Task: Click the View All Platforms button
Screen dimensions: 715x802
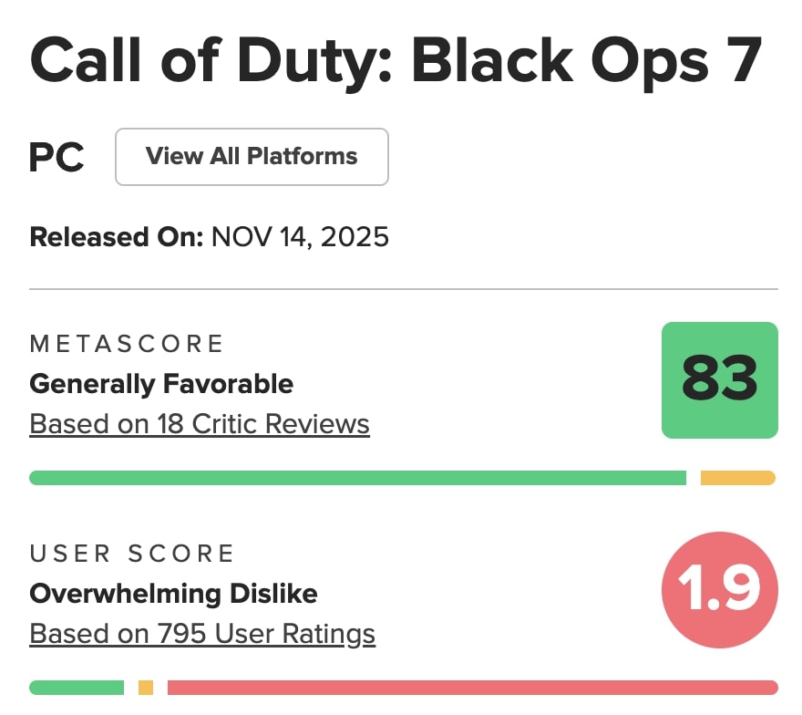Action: click(x=252, y=157)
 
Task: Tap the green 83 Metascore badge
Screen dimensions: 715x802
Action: click(x=719, y=380)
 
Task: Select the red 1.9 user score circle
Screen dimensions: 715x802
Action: click(x=719, y=590)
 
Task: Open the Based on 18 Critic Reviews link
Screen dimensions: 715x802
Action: click(x=200, y=424)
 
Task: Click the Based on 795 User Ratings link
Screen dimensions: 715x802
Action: click(x=202, y=634)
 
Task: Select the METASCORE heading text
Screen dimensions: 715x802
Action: click(x=127, y=344)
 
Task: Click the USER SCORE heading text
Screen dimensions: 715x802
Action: click(x=132, y=554)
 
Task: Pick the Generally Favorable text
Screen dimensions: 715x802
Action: click(x=161, y=384)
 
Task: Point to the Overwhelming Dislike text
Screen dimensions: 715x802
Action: click(x=173, y=594)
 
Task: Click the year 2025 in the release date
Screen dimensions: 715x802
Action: click(x=354, y=237)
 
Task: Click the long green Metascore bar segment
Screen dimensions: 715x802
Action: click(x=357, y=478)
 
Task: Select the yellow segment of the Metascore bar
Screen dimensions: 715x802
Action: click(x=737, y=478)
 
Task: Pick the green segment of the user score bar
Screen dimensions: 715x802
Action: click(x=77, y=688)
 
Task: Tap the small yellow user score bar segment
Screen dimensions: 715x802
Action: click(x=146, y=688)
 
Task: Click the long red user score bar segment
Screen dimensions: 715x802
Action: click(x=472, y=688)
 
